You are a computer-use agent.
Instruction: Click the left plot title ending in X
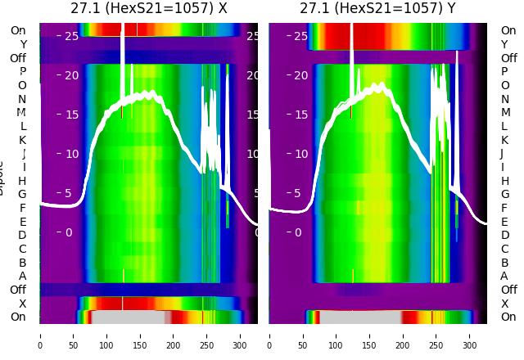(x=149, y=9)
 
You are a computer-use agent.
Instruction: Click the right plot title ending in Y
(x=379, y=9)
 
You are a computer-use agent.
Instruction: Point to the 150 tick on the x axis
(x=140, y=335)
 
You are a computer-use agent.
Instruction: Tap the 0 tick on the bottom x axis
(x=40, y=335)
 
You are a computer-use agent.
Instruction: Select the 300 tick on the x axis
(x=240, y=335)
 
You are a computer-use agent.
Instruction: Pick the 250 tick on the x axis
(x=206, y=335)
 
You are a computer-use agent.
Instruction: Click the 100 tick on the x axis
(x=106, y=335)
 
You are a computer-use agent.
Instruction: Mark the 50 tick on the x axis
(x=74, y=335)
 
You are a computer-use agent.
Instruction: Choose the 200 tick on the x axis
(x=174, y=335)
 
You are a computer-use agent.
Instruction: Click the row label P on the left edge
(x=22, y=71)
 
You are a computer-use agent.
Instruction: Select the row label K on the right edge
(x=504, y=140)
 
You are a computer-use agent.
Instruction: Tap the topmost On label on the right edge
(x=508, y=30)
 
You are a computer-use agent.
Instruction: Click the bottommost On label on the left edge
(x=18, y=317)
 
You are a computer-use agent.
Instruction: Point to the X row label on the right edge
(x=504, y=304)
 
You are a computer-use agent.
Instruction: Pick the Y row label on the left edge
(x=23, y=44)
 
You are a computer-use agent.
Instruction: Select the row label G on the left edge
(x=22, y=194)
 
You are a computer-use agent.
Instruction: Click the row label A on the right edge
(x=504, y=276)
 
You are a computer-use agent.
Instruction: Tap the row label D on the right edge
(x=504, y=235)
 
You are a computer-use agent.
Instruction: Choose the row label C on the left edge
(x=22, y=249)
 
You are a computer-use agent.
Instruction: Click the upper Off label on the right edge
(x=508, y=58)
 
